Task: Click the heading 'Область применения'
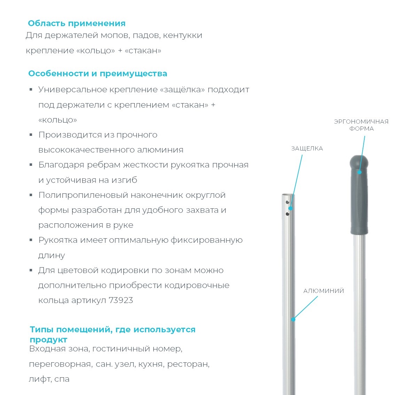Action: coord(77,24)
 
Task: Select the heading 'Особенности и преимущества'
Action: coord(98,74)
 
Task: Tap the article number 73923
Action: coord(121,301)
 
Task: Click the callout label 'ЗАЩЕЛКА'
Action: coord(307,148)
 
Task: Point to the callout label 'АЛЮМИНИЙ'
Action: coord(324,291)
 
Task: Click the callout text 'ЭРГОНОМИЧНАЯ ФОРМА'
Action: coord(361,125)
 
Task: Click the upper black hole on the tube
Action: coord(287,202)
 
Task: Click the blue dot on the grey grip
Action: coord(359,172)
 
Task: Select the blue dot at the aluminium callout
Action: coord(293,319)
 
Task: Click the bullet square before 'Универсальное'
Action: coord(31,90)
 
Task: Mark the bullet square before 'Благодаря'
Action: coord(31,165)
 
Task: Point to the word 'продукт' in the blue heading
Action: coord(48,340)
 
